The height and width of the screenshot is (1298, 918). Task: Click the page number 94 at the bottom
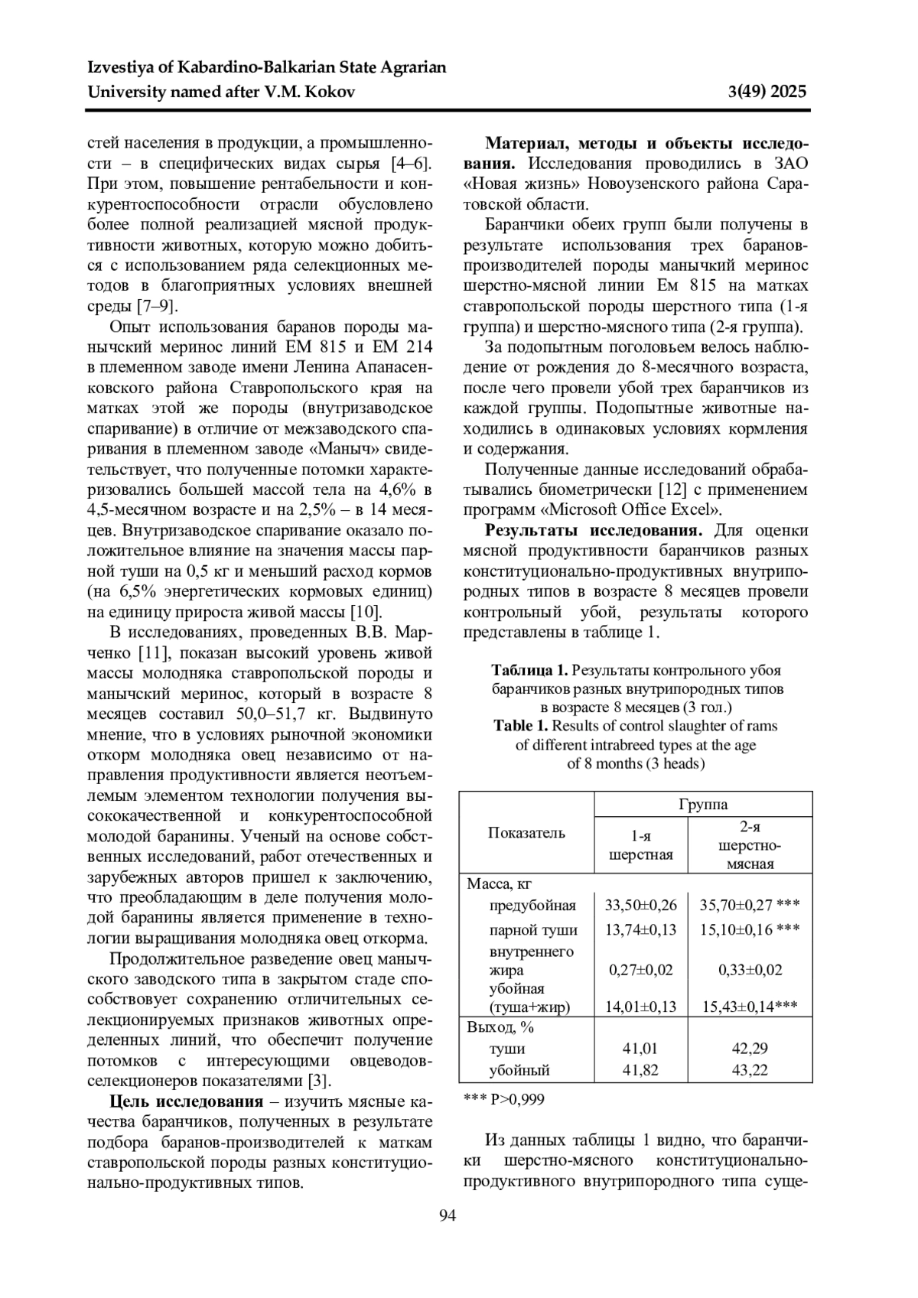tap(448, 1215)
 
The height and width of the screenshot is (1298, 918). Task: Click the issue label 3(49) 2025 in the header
tap(769, 93)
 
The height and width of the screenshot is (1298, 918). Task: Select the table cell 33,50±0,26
tap(640, 906)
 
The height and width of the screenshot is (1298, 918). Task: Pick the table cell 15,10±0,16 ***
tap(750, 930)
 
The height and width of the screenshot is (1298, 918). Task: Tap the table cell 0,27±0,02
tap(640, 970)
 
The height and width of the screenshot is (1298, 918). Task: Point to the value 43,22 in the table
tap(750, 1070)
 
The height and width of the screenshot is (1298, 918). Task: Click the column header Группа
tap(703, 805)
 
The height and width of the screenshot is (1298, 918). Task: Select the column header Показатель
tap(526, 833)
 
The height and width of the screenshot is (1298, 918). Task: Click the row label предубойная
tap(532, 906)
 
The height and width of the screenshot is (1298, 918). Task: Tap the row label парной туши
tap(533, 930)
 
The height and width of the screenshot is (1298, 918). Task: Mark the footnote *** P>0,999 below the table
tap(504, 1099)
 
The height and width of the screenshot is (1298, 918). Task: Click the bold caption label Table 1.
tap(521, 726)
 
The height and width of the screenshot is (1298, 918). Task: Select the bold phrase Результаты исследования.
tap(594, 531)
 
